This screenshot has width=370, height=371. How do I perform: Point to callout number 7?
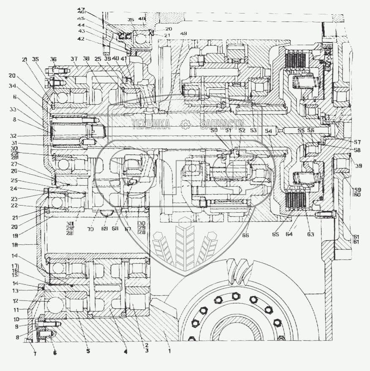tap(35, 354)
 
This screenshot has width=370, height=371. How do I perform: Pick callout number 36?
tap(53, 59)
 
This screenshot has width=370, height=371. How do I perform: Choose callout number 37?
tap(74, 58)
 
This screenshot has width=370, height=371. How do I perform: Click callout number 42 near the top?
tap(81, 39)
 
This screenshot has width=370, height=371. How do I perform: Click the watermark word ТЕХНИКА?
tap(150, 124)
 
